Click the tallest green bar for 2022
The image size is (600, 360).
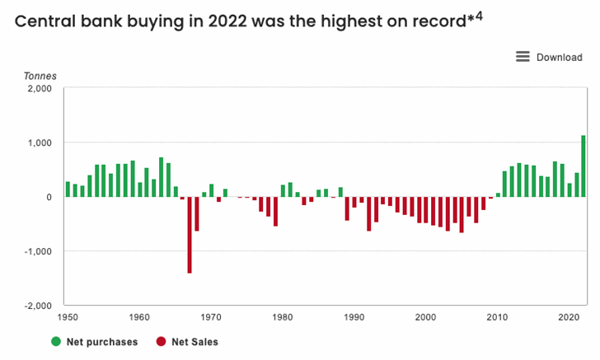click(583, 166)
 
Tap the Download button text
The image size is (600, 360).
click(559, 58)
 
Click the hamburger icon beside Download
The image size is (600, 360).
click(523, 57)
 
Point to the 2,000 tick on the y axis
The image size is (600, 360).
click(39, 88)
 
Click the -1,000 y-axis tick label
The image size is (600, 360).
click(36, 251)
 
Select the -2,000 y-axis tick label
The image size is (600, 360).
click(36, 306)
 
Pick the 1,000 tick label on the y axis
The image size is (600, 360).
click(39, 143)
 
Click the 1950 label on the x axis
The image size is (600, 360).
click(68, 317)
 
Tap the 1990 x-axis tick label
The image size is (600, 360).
click(354, 317)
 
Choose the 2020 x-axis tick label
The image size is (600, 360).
click(569, 317)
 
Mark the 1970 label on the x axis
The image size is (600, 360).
click(211, 317)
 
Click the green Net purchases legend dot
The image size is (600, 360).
click(56, 341)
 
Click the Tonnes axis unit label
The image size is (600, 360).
click(40, 76)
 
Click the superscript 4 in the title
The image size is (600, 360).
click(478, 14)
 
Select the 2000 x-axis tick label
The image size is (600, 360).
click(426, 317)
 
